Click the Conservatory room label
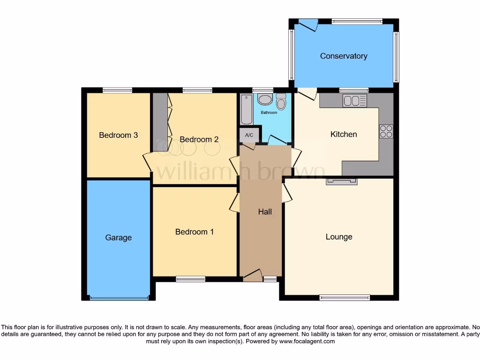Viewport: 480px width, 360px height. pos(344,56)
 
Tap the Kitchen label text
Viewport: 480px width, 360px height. pos(344,135)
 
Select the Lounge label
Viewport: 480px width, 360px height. pos(339,237)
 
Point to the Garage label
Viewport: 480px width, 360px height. pos(118,238)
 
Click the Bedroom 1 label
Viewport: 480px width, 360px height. pos(195,232)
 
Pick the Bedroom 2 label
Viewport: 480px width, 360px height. pos(199,140)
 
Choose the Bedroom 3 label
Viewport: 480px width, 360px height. pos(118,135)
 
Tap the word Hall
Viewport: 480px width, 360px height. pos(265,212)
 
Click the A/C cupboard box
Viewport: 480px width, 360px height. pos(249,135)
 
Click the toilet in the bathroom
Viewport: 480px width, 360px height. pos(281,101)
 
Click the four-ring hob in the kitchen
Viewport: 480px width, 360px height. pos(386,132)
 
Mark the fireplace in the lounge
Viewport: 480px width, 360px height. pos(342,181)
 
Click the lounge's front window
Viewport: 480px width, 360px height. pos(345,297)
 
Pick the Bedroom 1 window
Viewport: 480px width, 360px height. pos(190,279)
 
